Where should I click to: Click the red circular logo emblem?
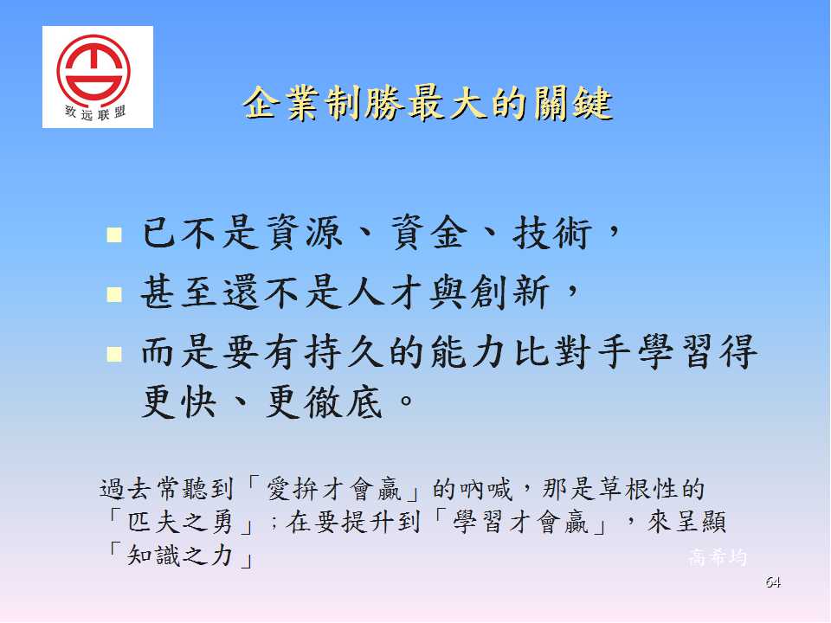[93, 69]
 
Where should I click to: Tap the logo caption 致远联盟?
[95, 112]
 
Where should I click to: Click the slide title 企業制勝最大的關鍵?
[428, 103]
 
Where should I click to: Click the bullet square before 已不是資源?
[114, 234]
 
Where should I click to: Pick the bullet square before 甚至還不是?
[114, 294]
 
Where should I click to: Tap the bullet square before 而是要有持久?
[114, 353]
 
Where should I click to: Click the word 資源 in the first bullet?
[304, 233]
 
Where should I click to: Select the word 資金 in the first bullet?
[430, 233]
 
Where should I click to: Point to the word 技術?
[551, 233]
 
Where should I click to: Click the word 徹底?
[343, 401]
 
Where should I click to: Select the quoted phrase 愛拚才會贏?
[334, 488]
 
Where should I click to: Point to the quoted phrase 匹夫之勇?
[180, 522]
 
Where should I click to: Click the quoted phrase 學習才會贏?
[520, 522]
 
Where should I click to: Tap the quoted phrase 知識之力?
[180, 556]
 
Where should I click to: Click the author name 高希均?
[718, 556]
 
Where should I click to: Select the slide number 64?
[773, 582]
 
